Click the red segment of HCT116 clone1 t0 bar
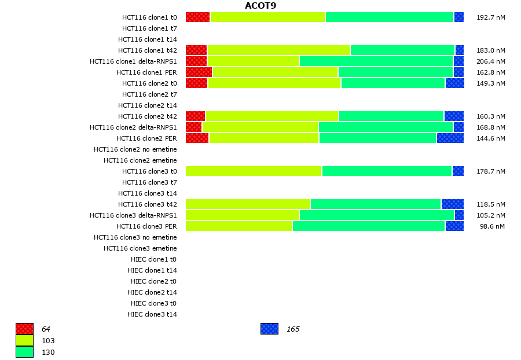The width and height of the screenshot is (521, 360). click(x=197, y=17)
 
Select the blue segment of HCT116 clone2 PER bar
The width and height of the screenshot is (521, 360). click(x=450, y=138)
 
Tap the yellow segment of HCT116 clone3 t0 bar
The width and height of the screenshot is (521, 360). click(x=254, y=171)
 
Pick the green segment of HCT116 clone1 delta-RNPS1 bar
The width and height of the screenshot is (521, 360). click(x=376, y=61)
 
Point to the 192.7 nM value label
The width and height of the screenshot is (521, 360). click(x=490, y=17)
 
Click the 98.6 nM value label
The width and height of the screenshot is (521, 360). click(x=492, y=226)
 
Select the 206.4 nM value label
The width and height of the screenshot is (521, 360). click(x=490, y=61)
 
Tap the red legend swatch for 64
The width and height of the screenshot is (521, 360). click(x=24, y=329)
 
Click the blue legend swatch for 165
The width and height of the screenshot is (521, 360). click(x=269, y=329)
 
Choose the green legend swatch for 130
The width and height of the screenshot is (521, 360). click(x=24, y=352)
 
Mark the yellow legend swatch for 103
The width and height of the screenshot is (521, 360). click(x=24, y=341)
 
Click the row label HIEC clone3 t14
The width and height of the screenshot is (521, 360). click(x=152, y=314)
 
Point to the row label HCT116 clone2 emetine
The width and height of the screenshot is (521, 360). click(x=140, y=160)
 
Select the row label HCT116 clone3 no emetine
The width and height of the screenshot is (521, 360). click(x=135, y=237)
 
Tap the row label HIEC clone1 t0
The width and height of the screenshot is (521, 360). click(x=153, y=259)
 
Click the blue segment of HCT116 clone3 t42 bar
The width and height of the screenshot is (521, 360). click(x=452, y=204)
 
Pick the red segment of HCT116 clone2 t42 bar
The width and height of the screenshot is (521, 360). click(x=195, y=116)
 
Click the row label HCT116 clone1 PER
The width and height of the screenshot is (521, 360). click(x=146, y=72)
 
